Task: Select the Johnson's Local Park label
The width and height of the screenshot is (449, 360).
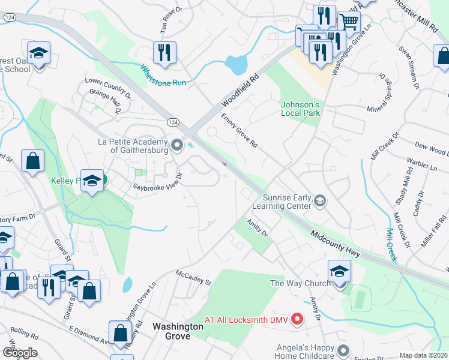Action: click(300, 109)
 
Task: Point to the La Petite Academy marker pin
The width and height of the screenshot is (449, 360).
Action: click(176, 145)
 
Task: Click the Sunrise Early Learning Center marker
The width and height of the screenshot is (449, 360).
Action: click(320, 201)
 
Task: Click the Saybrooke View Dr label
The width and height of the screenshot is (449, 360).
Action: click(157, 180)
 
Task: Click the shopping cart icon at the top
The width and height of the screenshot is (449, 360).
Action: click(349, 22)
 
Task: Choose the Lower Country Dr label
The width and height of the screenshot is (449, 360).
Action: click(107, 88)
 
